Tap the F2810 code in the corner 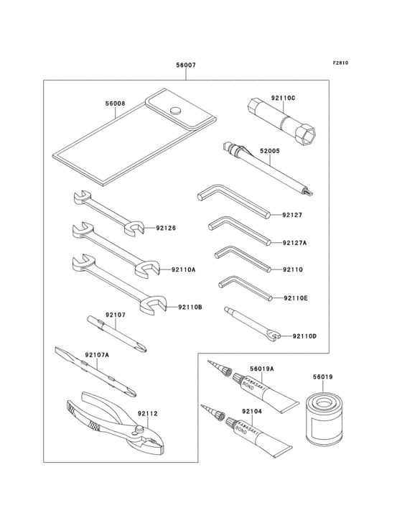tap(340, 63)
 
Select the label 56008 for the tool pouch tap(115, 103)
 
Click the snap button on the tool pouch tap(174, 111)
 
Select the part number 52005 tap(269, 151)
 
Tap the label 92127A tap(294, 243)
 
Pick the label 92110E tap(296, 297)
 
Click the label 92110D tap(304, 336)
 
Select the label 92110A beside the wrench tap(183, 270)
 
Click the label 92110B tap(190, 308)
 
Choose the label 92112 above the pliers tap(147, 414)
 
